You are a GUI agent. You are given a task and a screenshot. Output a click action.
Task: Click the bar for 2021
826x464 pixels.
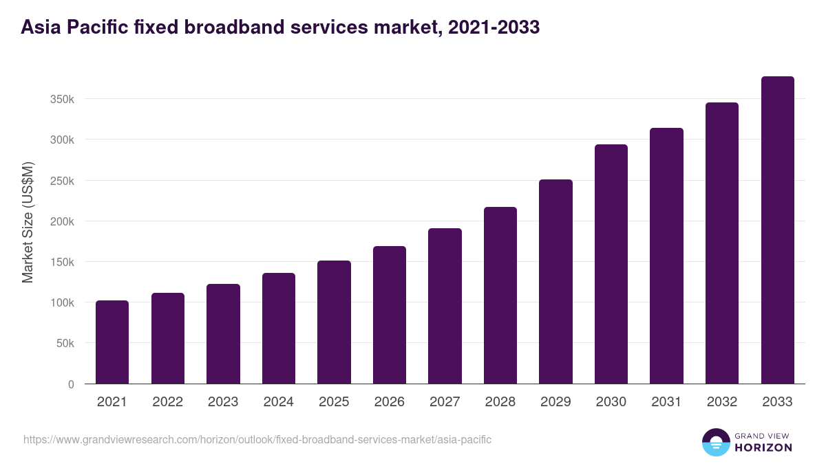coord(112,342)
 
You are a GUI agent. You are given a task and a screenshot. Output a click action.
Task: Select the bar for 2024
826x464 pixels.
coord(279,329)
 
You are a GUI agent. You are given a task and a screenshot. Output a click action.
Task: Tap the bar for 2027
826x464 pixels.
coord(445,306)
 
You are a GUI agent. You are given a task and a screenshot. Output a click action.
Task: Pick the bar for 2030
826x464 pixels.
coord(611,264)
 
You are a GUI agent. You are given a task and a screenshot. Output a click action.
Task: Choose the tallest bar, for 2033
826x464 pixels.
coord(777,230)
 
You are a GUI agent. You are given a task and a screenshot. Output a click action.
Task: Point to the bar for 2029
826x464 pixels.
coord(555,282)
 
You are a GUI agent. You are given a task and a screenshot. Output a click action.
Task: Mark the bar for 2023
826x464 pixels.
coord(223,334)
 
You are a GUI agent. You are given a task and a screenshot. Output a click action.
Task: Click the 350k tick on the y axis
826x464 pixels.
coord(62,99)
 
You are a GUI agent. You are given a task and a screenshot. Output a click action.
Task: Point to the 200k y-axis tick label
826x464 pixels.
coord(62,221)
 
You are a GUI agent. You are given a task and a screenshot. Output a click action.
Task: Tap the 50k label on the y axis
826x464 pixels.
coord(65,343)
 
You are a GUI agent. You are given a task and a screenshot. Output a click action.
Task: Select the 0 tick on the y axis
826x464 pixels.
coord(71,384)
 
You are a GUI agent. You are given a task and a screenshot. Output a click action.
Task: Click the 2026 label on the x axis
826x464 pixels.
coord(390,402)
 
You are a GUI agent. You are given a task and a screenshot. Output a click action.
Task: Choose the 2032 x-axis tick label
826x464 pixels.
coord(722,402)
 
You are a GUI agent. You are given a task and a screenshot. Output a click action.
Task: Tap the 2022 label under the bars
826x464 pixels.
coord(167,402)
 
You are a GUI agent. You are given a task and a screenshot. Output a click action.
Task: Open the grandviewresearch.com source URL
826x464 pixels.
coord(257,439)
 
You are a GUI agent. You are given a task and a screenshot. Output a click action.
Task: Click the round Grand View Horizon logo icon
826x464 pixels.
coord(716,442)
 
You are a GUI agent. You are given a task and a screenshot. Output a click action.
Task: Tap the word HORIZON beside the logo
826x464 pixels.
coord(763,448)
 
